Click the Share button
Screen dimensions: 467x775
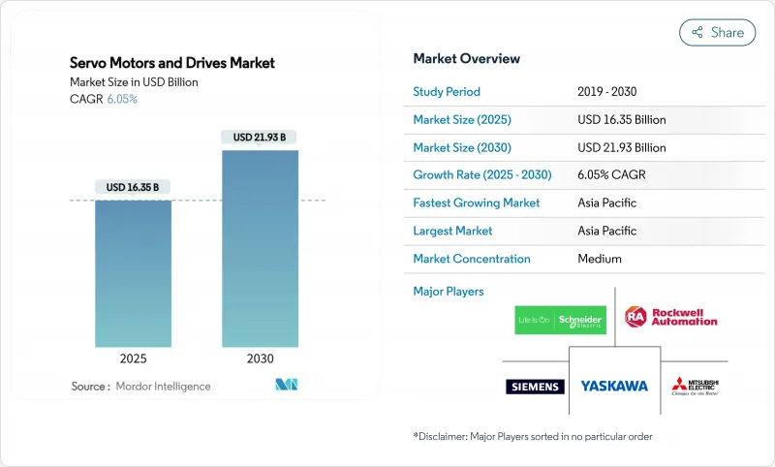click(717, 32)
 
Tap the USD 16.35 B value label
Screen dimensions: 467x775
click(133, 187)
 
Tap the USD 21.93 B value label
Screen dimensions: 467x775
click(260, 138)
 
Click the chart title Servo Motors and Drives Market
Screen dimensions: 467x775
click(172, 63)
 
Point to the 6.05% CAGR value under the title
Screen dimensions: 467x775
click(121, 99)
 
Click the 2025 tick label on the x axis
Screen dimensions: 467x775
click(133, 358)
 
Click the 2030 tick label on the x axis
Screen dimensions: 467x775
click(260, 358)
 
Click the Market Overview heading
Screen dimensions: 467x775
click(466, 58)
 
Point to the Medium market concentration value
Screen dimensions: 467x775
click(600, 259)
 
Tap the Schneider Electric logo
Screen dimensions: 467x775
click(559, 320)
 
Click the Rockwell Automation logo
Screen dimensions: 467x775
click(671, 317)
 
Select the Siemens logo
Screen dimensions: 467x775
click(535, 387)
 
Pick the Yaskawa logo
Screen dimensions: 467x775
click(614, 386)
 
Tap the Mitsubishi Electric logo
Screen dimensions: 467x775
click(695, 386)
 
